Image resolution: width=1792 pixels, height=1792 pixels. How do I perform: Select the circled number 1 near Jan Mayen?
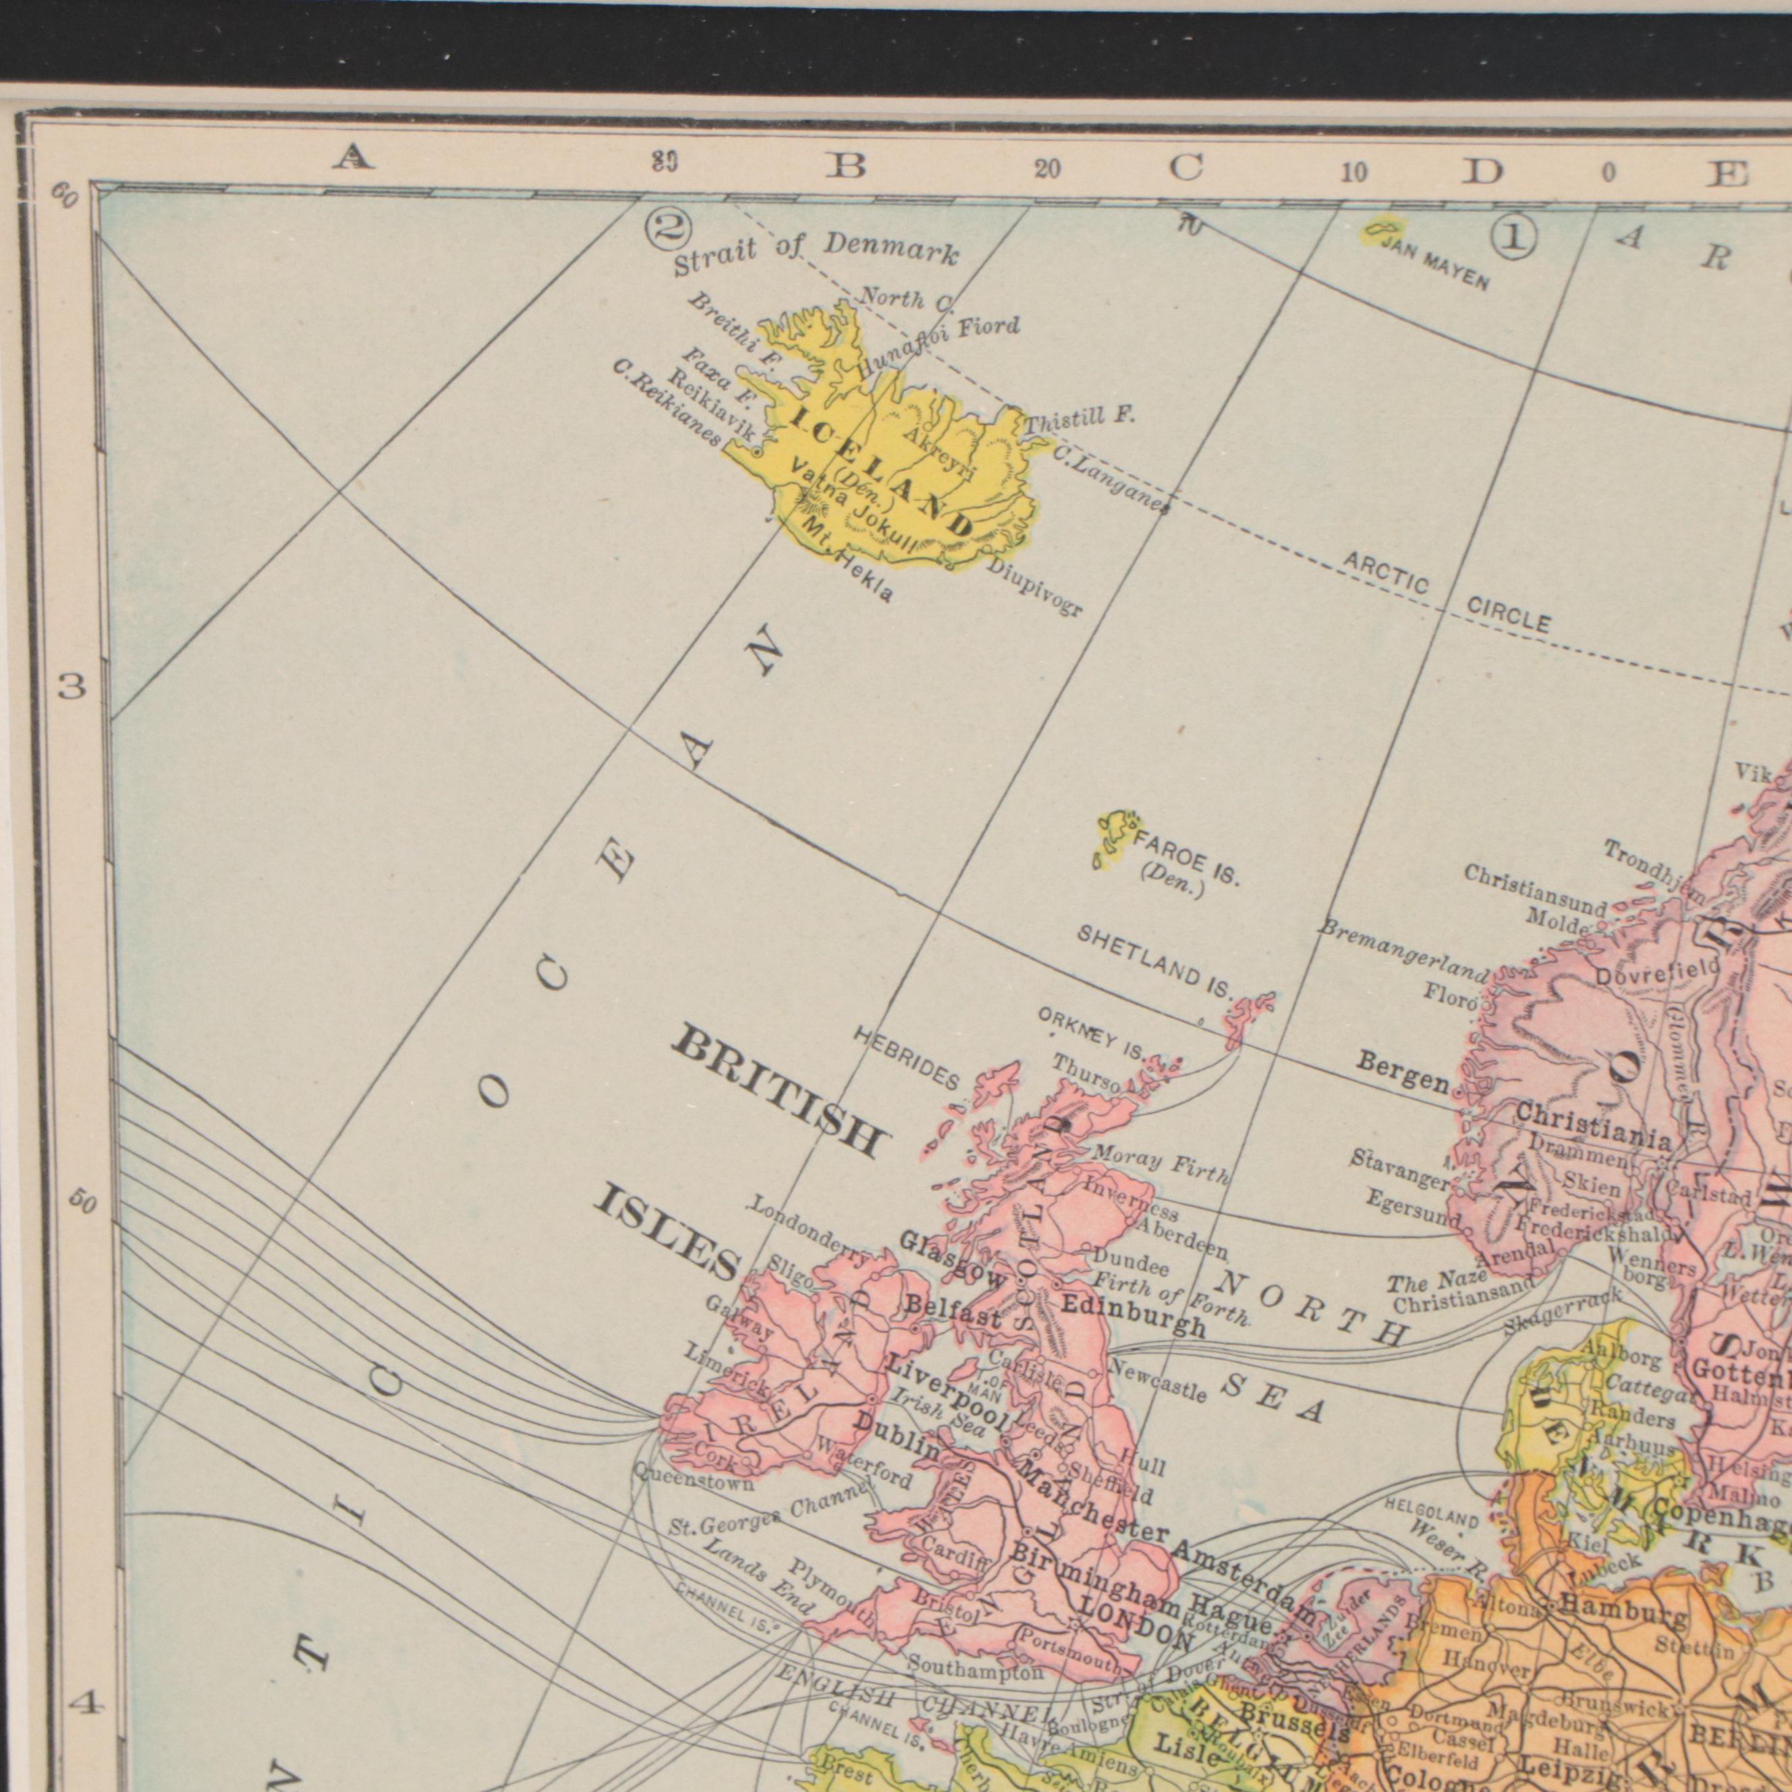pos(1514,238)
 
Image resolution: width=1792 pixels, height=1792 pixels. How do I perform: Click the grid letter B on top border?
pos(846,166)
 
